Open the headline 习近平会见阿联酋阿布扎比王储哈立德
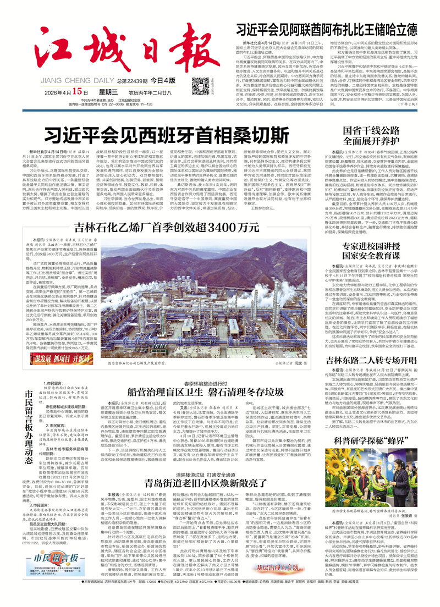[x=326, y=29]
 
